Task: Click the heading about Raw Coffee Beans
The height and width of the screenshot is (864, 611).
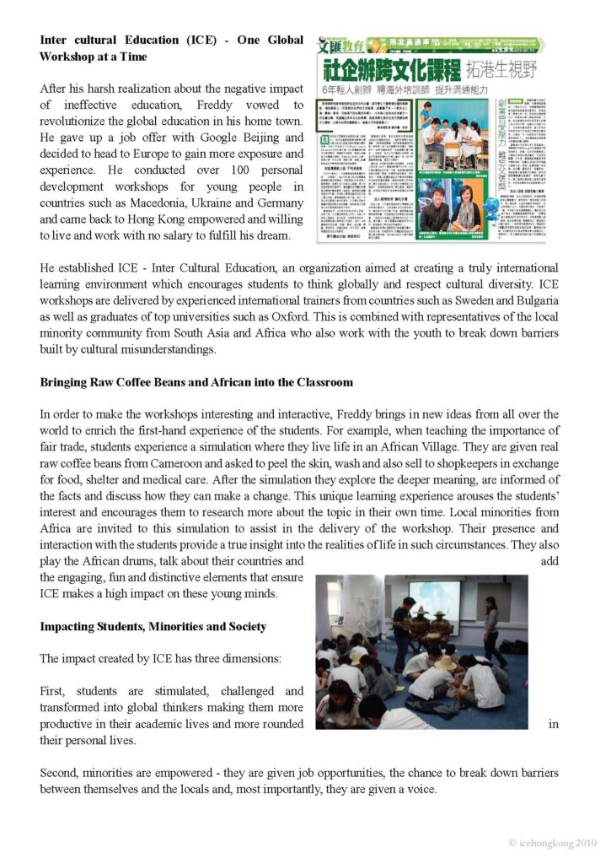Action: (196, 382)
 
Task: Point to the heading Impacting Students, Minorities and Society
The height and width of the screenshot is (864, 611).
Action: (153, 627)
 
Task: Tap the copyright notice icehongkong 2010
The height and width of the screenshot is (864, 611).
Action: (552, 843)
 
